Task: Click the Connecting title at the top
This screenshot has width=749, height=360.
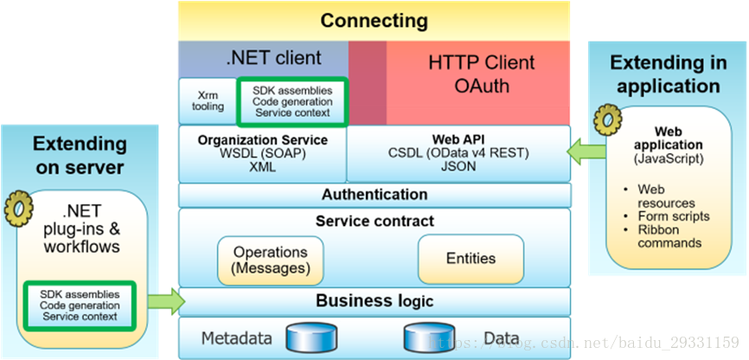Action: pos(374,20)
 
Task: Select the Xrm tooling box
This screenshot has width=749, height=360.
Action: pos(207,100)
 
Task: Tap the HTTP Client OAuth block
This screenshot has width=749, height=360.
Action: pos(482,74)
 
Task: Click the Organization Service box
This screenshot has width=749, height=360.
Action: pos(262,153)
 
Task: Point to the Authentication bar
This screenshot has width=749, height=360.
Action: pos(374,195)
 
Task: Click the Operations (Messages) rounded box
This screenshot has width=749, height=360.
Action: pos(271,260)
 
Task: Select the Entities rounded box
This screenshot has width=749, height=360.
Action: pos(471,258)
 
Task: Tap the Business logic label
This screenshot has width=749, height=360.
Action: pos(374,301)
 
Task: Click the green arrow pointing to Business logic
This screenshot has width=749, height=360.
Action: pos(167,301)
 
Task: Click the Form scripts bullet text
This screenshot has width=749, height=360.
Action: pos(674,216)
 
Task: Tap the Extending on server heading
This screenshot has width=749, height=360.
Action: pos(80,155)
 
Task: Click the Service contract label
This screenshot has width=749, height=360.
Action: pos(374,222)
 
